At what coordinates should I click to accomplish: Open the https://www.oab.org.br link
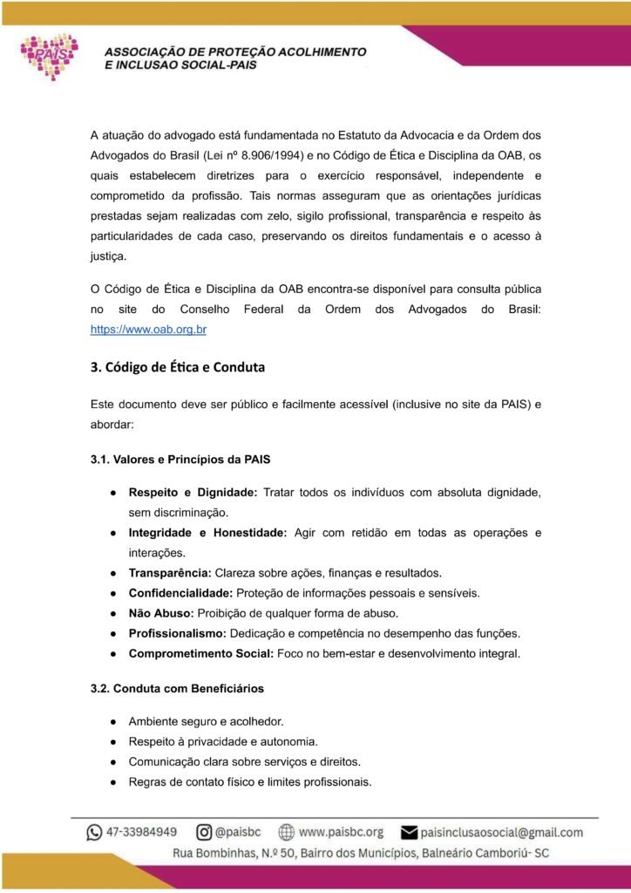pos(148,331)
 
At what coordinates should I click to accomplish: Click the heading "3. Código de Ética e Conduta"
pos(178,367)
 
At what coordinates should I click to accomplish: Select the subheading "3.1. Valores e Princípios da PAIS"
pos(187,458)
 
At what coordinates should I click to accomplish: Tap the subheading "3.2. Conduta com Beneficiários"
pos(177,688)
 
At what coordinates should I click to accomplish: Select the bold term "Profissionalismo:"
pos(178,632)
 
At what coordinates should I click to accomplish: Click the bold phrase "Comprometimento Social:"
pos(200,653)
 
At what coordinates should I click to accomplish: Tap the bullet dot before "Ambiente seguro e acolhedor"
pos(113,721)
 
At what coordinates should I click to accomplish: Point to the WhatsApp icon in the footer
pos(94,832)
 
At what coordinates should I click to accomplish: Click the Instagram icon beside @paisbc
pos(205,832)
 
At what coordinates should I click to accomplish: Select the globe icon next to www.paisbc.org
pos(286,832)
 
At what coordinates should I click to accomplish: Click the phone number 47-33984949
pos(143,832)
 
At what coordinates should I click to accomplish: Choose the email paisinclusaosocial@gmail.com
pos(502,832)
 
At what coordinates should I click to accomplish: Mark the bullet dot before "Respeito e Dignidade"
pos(113,493)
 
